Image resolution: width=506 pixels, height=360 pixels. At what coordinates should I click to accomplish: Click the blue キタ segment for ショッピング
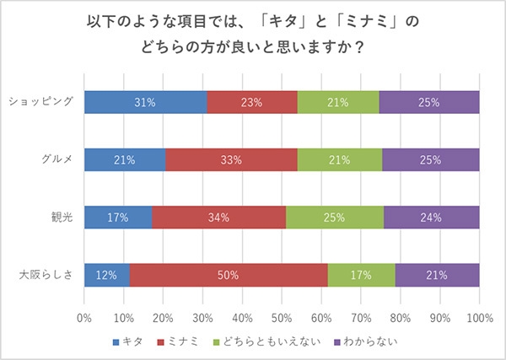(145, 102)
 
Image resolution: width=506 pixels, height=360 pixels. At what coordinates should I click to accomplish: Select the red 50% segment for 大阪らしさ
(229, 275)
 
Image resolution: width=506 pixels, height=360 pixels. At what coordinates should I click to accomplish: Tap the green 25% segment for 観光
(335, 218)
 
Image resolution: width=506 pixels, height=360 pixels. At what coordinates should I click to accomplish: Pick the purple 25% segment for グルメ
(430, 159)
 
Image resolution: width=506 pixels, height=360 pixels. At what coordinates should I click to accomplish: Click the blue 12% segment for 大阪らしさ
(107, 275)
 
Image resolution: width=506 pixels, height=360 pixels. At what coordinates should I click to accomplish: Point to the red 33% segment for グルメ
(231, 159)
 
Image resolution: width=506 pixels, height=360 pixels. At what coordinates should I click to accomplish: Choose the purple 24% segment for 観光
(432, 218)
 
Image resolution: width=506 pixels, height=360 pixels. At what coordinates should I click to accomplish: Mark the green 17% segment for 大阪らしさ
(361, 275)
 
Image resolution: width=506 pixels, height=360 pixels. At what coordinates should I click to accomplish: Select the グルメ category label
(57, 159)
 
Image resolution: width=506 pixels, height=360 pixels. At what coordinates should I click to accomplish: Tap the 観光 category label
(62, 218)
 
